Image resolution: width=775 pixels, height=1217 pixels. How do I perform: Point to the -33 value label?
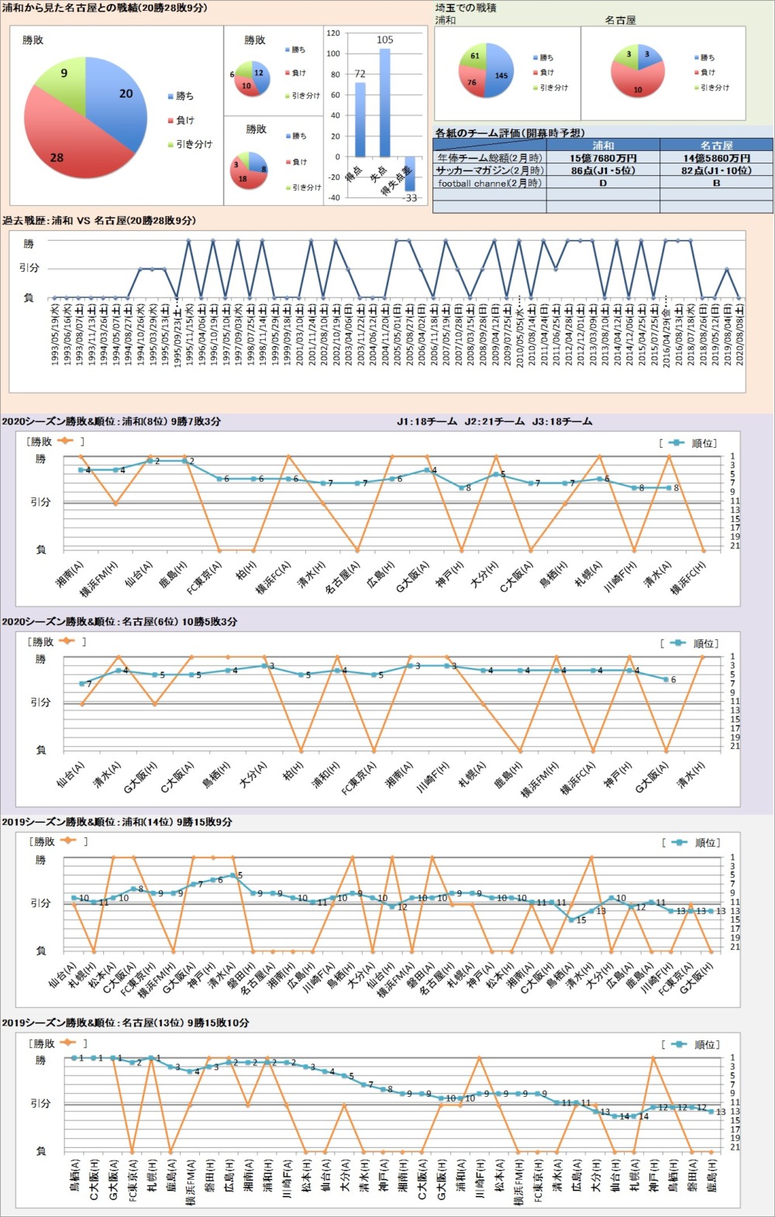[410, 198]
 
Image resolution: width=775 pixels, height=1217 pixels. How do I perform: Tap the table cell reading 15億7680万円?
[603, 158]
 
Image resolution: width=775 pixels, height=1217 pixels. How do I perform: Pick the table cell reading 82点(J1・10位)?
[716, 170]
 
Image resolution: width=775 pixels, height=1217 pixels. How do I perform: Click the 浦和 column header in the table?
[603, 145]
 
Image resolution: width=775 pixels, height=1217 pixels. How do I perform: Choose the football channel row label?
[489, 184]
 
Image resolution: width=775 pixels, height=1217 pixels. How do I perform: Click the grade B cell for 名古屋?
[716, 184]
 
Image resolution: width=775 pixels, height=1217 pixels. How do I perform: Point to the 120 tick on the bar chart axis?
[333, 33]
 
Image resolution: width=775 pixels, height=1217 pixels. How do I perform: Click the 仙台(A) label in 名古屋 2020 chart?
[71, 774]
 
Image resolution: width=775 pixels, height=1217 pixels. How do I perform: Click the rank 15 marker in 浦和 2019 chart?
[571, 920]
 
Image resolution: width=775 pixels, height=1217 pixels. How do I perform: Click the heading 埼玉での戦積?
[466, 8]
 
